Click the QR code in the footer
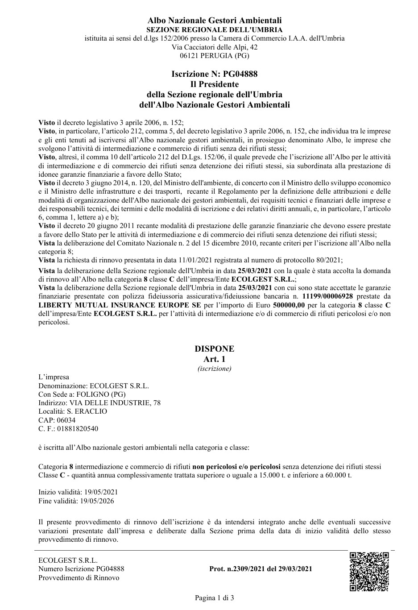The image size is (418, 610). [x=369, y=571]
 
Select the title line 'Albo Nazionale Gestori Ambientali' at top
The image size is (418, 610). [x=215, y=21]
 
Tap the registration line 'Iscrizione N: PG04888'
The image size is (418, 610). [x=215, y=74]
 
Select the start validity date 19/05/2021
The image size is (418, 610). [x=97, y=492]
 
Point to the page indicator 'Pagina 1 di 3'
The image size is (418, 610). [x=214, y=598]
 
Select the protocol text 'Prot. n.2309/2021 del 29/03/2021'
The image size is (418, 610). [x=261, y=569]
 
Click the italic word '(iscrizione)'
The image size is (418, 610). [x=214, y=369]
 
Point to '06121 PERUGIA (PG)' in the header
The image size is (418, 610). [x=215, y=56]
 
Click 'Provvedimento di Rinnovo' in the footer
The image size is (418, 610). [x=79, y=577]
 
